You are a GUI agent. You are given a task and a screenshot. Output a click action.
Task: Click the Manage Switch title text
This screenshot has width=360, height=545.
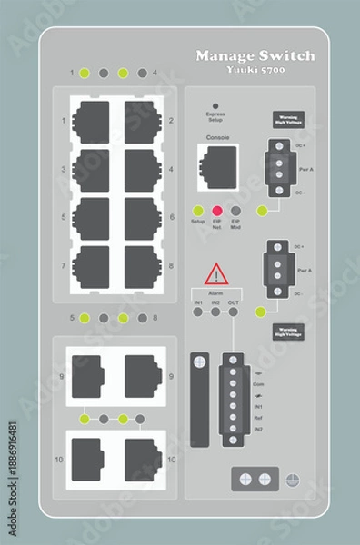(x=255, y=56)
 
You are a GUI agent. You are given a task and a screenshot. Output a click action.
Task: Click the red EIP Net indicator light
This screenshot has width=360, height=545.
(x=217, y=211)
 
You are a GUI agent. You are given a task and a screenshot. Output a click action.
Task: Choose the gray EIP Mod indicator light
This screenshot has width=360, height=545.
(x=236, y=211)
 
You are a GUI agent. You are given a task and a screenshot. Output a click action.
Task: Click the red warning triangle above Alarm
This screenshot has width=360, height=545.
(x=216, y=272)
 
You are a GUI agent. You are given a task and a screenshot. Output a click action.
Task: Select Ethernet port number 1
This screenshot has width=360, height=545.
(x=91, y=121)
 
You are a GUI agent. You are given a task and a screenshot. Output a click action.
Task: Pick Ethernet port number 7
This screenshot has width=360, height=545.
(x=91, y=266)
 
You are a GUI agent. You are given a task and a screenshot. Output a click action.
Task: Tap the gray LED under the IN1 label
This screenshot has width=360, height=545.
(x=197, y=312)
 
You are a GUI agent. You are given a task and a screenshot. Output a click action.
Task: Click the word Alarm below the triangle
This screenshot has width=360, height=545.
(x=215, y=293)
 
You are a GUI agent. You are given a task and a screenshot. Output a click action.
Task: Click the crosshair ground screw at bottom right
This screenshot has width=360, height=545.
(x=293, y=479)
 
